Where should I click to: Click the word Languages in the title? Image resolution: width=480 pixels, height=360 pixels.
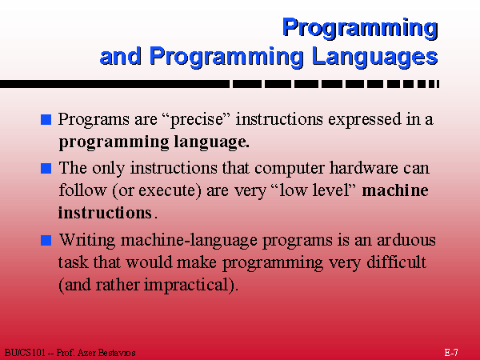click(x=374, y=57)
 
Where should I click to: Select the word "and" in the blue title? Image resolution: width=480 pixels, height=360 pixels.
click(x=120, y=56)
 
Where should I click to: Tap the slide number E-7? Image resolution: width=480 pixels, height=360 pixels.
click(x=451, y=352)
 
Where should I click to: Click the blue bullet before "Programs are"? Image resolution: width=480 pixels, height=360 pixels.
click(x=46, y=119)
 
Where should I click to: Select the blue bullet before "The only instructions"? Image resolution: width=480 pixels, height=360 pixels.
click(x=46, y=168)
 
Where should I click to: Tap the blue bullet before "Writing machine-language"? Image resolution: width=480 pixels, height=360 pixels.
click(x=46, y=240)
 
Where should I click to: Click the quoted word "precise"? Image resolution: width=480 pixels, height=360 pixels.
click(x=196, y=119)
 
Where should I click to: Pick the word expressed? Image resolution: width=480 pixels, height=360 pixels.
click(x=364, y=119)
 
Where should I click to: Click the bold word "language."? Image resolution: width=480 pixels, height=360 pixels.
click(x=211, y=142)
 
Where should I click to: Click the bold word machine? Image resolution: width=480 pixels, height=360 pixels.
click(x=395, y=190)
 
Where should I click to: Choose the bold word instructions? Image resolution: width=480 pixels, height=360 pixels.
click(x=105, y=213)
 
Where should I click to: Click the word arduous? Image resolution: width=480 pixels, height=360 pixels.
click(x=406, y=240)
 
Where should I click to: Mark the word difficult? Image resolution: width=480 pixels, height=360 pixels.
click(x=397, y=262)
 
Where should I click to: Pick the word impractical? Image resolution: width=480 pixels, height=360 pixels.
click(x=186, y=286)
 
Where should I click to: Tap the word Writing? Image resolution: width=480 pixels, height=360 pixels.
click(x=87, y=240)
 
